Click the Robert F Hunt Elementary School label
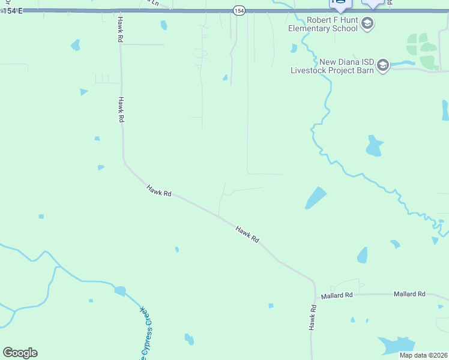324,24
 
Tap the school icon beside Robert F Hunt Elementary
368,24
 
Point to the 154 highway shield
239,11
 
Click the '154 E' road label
13,11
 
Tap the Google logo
20,352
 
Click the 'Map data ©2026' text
423,355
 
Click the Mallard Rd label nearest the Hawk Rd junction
337,295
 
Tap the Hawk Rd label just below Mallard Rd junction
312,317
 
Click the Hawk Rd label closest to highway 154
120,29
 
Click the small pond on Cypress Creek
120,291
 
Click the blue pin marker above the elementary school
340,4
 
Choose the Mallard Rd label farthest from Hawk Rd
409,294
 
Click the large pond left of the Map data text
396,344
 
